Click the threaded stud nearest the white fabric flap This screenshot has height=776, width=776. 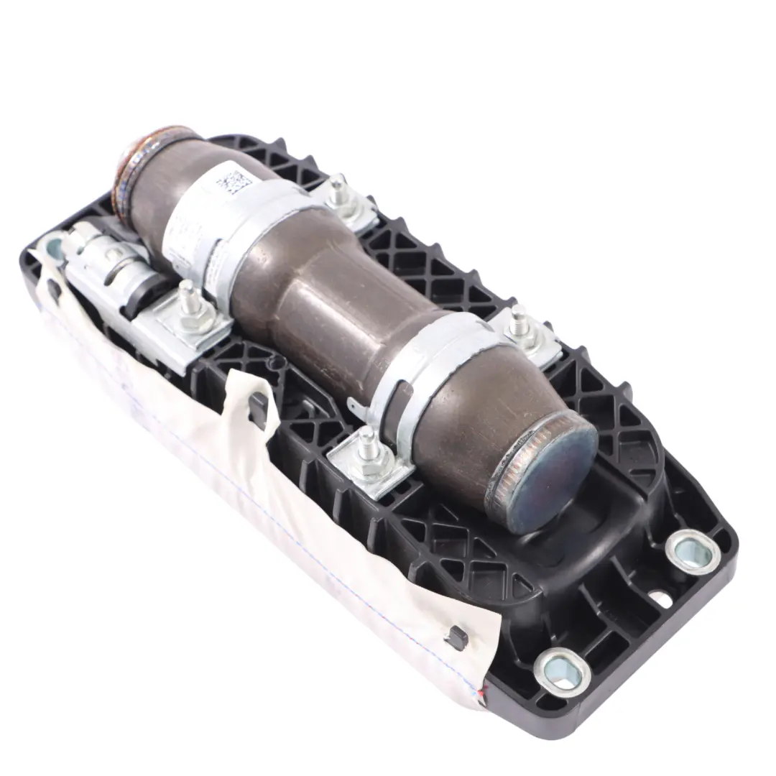pos(369,441)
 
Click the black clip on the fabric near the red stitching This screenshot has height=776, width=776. pos(454,633)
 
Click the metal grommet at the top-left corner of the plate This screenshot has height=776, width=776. pos(55,249)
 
